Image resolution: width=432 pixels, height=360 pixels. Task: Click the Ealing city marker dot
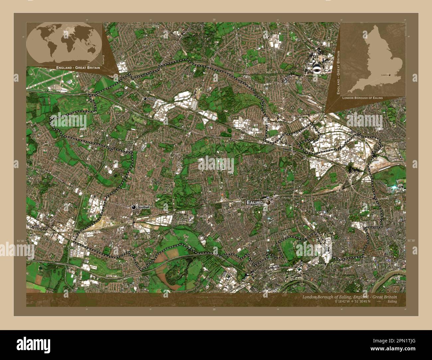268,202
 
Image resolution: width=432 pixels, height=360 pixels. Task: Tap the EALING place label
255,202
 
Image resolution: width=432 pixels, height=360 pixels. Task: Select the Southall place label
144,207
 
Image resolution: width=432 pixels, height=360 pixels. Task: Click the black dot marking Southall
134,207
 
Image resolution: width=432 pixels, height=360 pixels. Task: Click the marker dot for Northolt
145,99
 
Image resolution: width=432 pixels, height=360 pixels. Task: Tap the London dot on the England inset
390,75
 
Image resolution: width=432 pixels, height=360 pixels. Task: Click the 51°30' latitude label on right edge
411,240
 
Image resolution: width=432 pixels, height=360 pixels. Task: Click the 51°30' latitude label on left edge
21,240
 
